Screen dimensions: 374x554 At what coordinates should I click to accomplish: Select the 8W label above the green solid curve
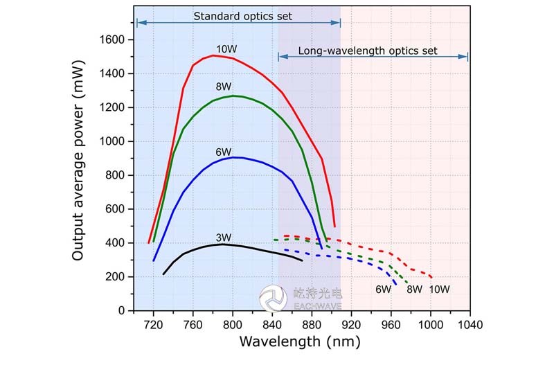click(223, 87)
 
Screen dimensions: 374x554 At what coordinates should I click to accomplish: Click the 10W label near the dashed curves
click(439, 290)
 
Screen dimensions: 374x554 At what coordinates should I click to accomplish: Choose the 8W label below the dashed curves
click(414, 290)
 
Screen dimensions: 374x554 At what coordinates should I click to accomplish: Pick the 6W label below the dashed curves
click(385, 290)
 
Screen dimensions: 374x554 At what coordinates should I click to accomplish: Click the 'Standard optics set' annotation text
click(242, 16)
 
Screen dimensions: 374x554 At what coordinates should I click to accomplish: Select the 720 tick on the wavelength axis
click(153, 322)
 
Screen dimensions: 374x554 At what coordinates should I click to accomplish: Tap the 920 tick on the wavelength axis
click(351, 322)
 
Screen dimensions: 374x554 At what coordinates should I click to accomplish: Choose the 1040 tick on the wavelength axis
click(470, 322)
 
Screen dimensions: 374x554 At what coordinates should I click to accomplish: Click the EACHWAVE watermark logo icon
click(273, 299)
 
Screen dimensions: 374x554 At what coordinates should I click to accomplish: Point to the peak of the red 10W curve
click(213, 55)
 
